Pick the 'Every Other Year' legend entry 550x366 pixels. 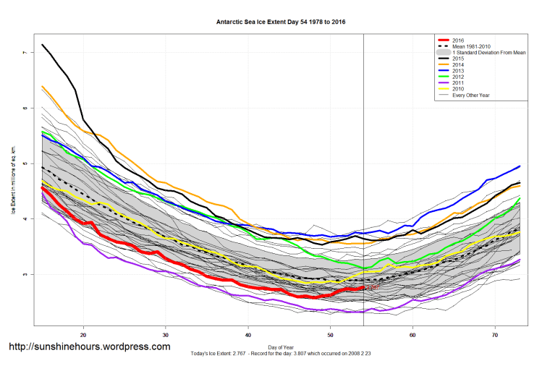470,95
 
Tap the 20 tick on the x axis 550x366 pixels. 84,336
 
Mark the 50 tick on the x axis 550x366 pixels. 330,336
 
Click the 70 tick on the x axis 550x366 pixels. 494,336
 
